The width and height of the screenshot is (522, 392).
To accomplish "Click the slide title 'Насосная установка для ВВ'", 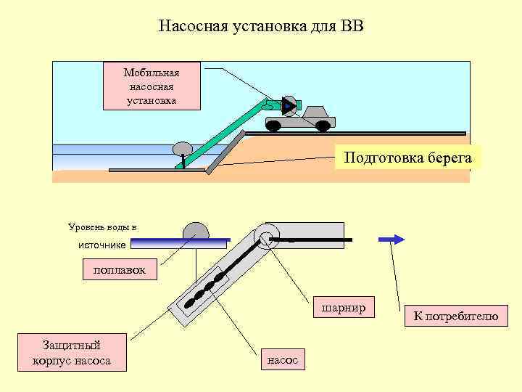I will tap(261, 28).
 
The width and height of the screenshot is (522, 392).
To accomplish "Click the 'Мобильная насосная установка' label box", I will tap(152, 87).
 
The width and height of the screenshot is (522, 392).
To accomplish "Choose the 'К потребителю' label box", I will tap(455, 316).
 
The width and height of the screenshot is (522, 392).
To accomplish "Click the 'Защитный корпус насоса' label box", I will tap(72, 353).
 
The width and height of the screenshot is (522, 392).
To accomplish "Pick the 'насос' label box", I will tap(283, 359).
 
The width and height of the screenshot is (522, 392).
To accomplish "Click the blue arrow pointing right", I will tap(390, 239).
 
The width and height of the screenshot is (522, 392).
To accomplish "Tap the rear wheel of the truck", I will tap(273, 126).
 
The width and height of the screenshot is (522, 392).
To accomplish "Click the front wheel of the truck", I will tap(323, 126).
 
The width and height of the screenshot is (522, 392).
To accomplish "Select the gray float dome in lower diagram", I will tap(196, 231).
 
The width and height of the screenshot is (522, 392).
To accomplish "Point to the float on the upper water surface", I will tap(182, 148).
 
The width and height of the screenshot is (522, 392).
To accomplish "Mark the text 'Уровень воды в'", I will tap(102, 226).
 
